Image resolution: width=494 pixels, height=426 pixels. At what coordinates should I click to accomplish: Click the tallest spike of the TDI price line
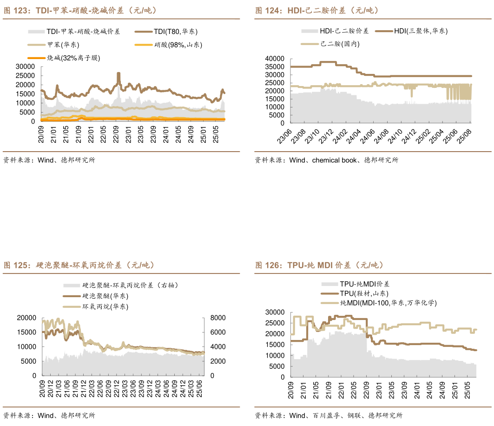point(119,73)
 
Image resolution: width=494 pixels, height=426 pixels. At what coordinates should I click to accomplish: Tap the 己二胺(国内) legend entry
point(340,44)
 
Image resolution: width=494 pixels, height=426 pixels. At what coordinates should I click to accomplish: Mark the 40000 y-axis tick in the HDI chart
point(274,59)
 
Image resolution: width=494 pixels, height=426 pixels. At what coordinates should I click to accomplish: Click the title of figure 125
point(79,265)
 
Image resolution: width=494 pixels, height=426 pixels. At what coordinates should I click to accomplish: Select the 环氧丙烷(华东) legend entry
point(105,306)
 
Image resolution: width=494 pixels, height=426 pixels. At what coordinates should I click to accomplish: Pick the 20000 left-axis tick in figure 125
point(26,318)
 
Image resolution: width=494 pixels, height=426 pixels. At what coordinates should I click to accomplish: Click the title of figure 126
point(319,265)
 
